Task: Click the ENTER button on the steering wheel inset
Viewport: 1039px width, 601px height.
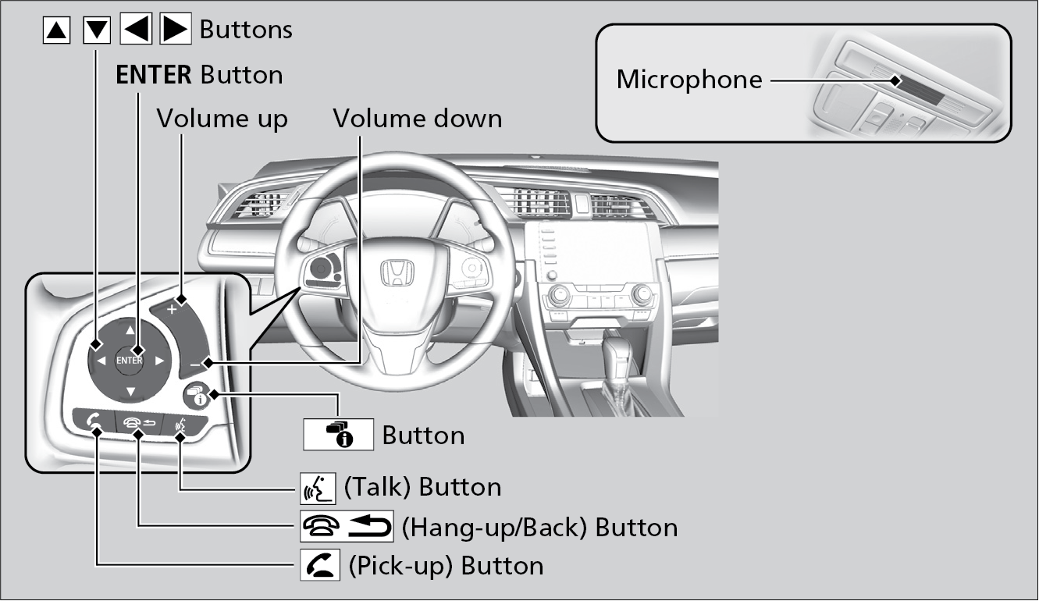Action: (130, 360)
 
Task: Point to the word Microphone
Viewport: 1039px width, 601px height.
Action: (689, 80)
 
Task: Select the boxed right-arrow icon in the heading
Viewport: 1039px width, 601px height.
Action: (176, 30)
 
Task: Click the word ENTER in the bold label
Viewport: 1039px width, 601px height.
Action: (154, 75)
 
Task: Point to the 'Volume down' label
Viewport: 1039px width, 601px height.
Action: (418, 119)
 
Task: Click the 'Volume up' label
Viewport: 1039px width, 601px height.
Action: (222, 119)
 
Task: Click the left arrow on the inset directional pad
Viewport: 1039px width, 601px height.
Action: (101, 361)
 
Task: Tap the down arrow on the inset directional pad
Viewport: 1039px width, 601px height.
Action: (130, 390)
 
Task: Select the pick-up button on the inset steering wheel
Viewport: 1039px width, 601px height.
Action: (93, 423)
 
